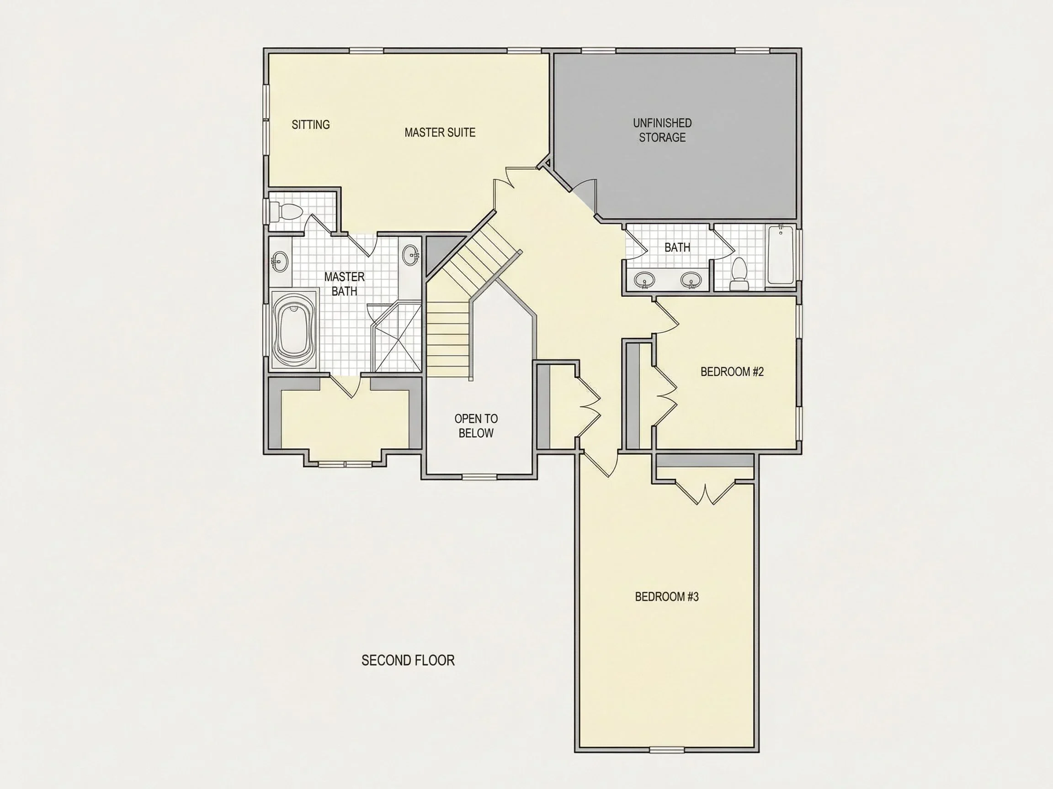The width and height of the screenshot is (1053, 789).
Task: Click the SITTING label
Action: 310,125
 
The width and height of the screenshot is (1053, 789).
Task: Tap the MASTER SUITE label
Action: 440,133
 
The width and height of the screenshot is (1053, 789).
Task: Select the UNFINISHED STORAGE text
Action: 662,130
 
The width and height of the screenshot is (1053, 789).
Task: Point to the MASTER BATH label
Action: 344,284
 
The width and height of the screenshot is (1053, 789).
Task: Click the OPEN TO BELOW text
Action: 476,426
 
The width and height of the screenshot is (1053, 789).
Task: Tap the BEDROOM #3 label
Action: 666,597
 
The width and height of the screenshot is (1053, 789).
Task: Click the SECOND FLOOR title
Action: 408,660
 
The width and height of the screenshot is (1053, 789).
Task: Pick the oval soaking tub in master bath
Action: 294,331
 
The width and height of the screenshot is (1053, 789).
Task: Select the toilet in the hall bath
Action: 739,274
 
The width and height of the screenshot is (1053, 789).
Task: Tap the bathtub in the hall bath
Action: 781,256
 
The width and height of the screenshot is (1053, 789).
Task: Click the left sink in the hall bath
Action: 644,279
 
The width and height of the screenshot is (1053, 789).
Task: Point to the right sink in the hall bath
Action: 690,279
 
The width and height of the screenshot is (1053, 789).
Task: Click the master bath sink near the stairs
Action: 410,255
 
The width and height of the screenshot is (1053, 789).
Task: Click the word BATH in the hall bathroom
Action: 677,247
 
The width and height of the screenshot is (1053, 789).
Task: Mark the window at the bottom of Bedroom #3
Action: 666,750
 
